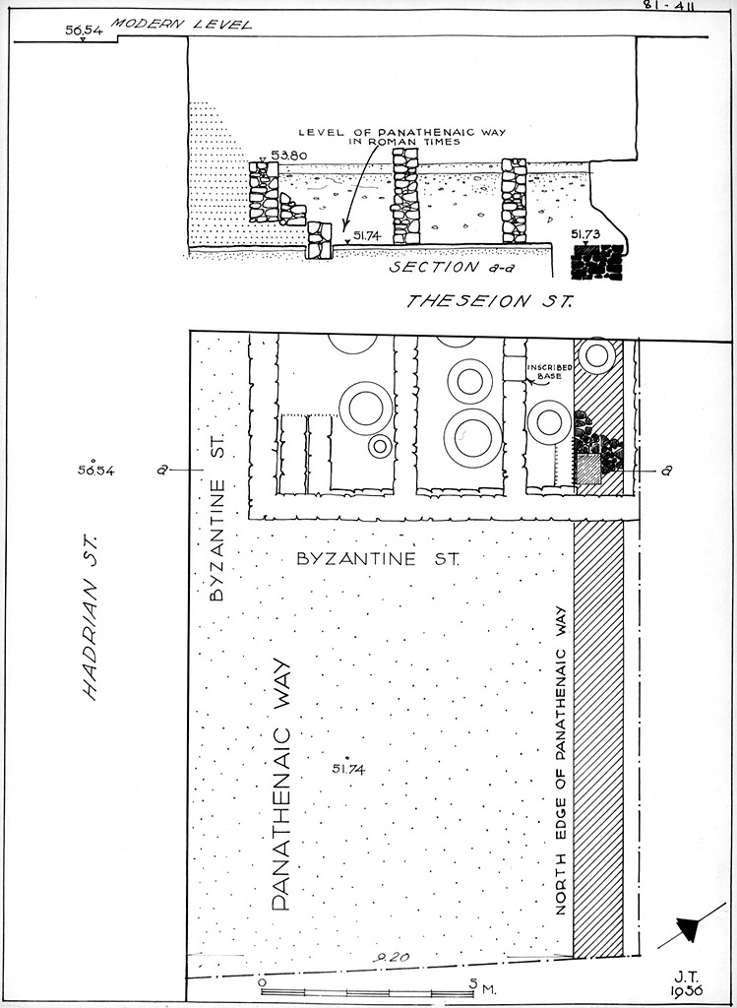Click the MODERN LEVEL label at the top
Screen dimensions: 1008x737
tap(181, 24)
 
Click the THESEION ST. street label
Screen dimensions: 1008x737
tap(489, 301)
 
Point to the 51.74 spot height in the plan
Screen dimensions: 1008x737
tap(348, 769)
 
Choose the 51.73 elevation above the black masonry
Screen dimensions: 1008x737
tap(586, 234)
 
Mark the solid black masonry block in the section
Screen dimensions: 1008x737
tap(598, 261)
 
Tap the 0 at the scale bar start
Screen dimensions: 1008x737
tap(261, 981)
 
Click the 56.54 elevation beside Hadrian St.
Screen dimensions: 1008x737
tap(96, 471)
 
